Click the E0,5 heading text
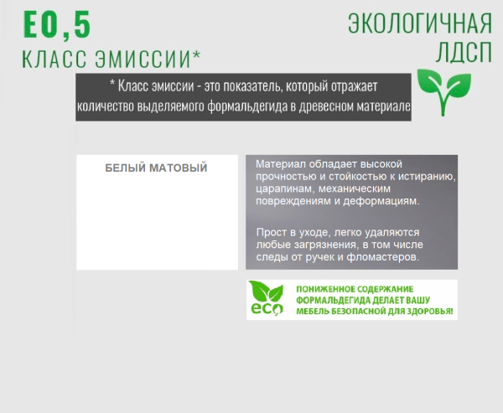(56, 25)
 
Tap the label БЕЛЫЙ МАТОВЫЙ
(156, 168)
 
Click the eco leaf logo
(267, 299)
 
